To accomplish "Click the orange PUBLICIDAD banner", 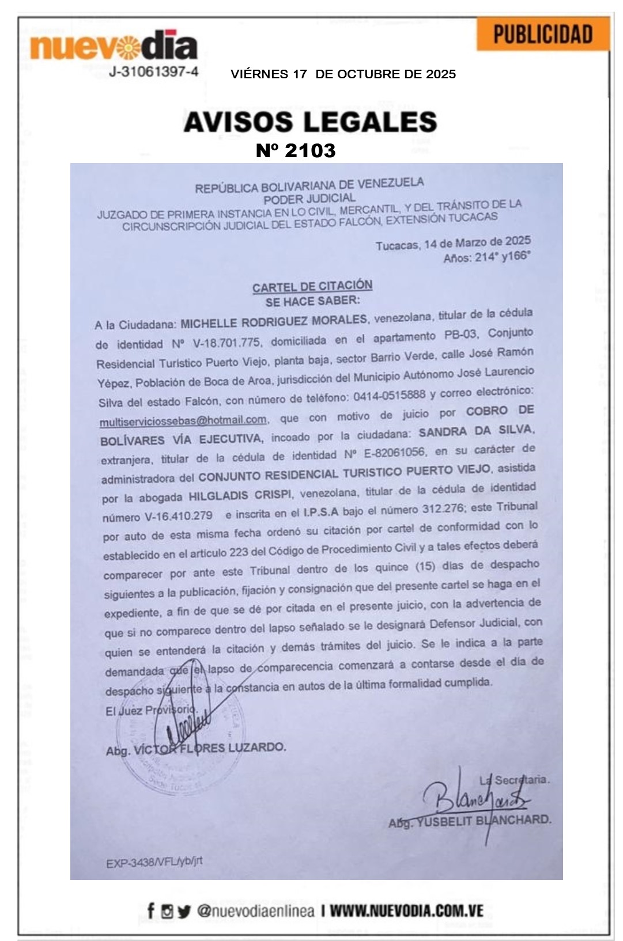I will click(543, 35).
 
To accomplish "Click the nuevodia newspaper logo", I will click(114, 46).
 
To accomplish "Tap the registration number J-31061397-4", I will click(154, 72).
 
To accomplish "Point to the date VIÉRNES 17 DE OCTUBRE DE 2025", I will click(343, 74).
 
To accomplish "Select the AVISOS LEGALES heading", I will click(310, 122).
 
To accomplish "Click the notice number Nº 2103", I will click(296, 151).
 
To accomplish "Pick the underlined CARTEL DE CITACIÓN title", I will click(312, 286).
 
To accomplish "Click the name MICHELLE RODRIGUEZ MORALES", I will click(274, 321).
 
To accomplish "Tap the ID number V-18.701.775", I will click(226, 343).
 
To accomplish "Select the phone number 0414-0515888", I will click(389, 396).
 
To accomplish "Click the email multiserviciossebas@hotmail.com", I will click(183, 420).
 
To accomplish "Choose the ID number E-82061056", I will click(394, 453).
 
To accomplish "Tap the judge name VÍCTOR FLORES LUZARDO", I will click(210, 749).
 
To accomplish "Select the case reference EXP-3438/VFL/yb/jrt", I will click(154, 862).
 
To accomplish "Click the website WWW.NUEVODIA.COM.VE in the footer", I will click(406, 911).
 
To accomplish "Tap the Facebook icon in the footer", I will click(151, 911).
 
